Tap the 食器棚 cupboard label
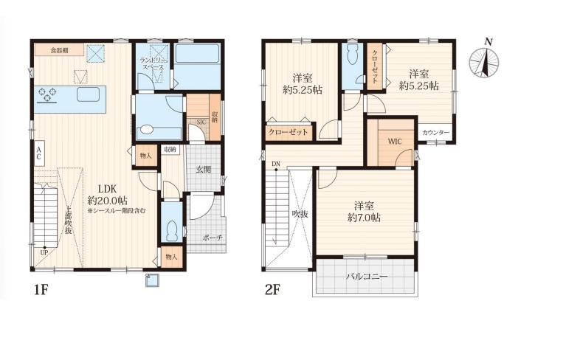click(59, 50)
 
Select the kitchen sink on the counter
click(88, 94)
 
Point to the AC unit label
click(38, 153)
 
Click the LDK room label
click(108, 189)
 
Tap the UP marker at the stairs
click(44, 252)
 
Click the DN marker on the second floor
click(276, 164)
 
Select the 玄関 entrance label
click(203, 169)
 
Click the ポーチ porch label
click(213, 238)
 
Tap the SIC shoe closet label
click(201, 122)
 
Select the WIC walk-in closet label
click(395, 142)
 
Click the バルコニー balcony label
click(366, 277)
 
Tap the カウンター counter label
click(435, 133)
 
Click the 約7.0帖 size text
click(364, 218)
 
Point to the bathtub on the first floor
click(197, 66)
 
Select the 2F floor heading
click(272, 290)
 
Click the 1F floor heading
click(41, 290)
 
